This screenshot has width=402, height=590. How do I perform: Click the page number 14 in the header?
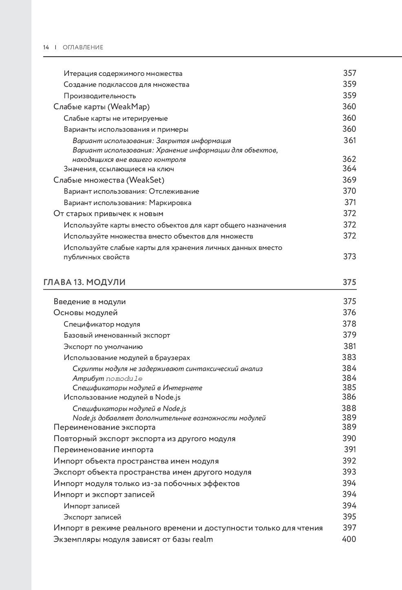tap(46, 47)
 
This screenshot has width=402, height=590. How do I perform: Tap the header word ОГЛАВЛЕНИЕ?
tap(83, 47)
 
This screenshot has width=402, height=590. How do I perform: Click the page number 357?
tap(349, 73)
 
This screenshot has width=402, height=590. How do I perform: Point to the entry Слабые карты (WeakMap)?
tap(102, 107)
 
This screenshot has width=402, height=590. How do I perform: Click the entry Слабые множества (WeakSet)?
tap(109, 180)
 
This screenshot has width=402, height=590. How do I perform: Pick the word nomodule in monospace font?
tap(124, 378)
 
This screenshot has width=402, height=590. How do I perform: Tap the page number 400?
tap(349, 539)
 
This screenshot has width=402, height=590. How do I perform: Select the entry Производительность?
tap(99, 96)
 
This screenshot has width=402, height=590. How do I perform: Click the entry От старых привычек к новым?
tap(108, 214)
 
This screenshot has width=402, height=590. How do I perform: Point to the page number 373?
tap(349, 256)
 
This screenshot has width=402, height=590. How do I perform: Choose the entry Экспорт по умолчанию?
tap(103, 347)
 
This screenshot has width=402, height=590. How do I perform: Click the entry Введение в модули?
tap(90, 302)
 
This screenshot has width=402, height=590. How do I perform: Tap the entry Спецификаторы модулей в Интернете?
tap(137, 388)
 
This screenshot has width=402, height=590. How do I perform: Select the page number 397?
tap(349, 528)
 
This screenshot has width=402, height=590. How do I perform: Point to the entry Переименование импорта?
tap(104, 450)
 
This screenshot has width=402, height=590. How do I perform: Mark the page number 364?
tap(349, 169)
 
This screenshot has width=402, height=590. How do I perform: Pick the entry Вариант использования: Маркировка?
tap(128, 203)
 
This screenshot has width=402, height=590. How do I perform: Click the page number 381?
tap(350, 347)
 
